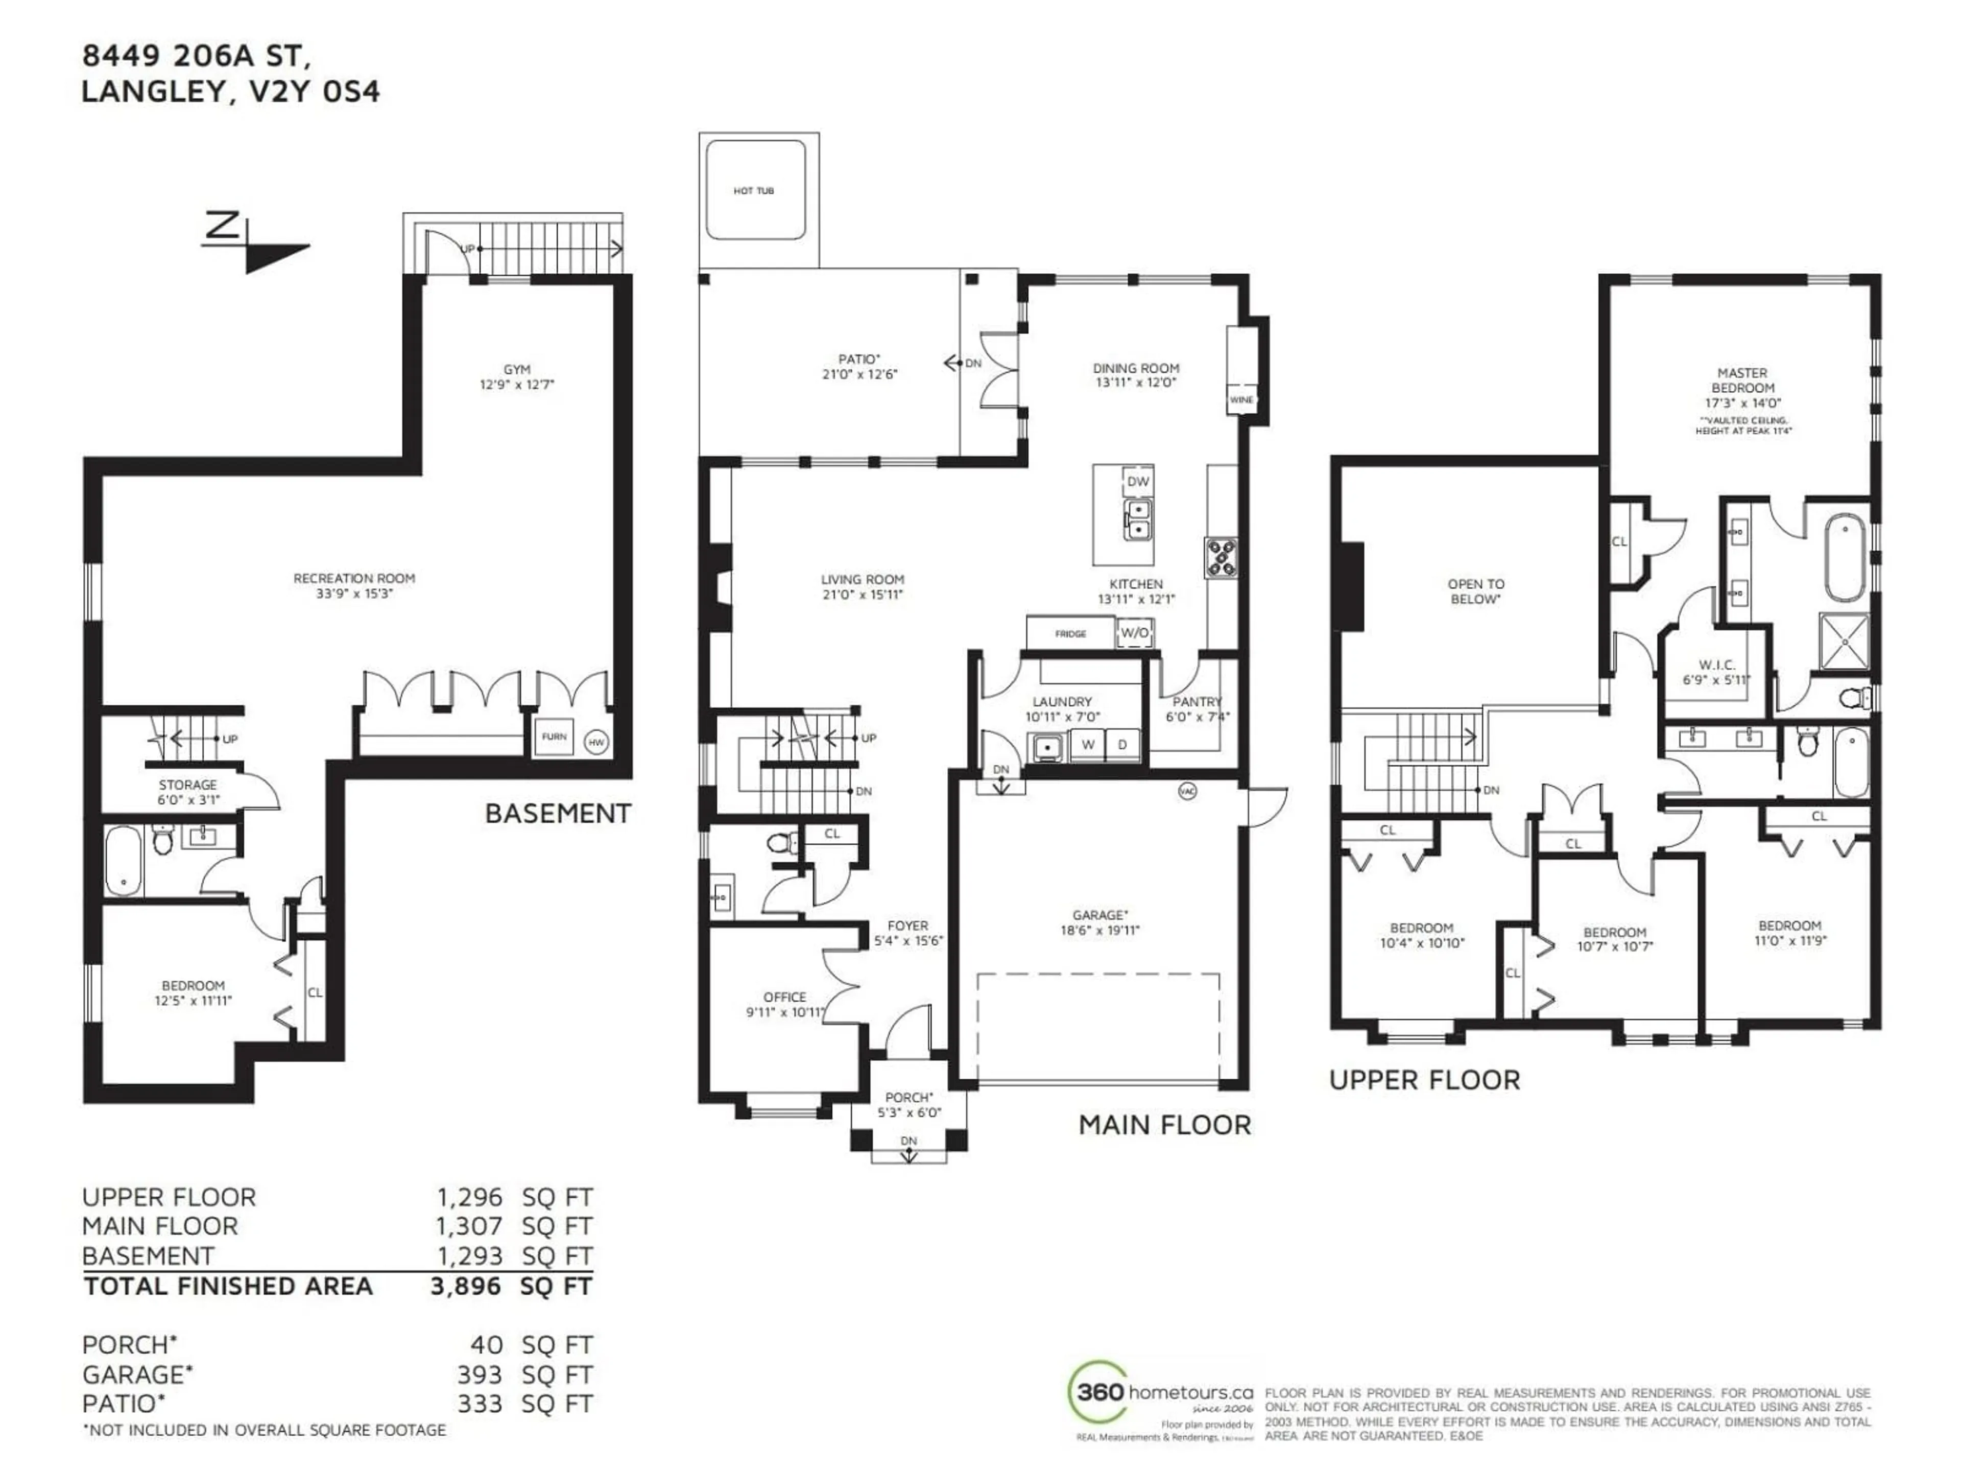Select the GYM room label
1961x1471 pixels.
[x=517, y=370]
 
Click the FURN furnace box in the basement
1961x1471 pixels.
[x=554, y=737]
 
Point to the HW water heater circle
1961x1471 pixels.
[x=596, y=742]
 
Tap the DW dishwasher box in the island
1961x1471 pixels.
[x=1137, y=482]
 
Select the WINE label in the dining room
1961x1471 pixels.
[x=1241, y=400]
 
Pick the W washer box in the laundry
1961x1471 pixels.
[x=1087, y=745]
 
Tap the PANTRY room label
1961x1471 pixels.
[x=1197, y=701]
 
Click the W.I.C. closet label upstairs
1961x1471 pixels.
[x=1717, y=665]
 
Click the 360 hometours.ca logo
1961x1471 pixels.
[x=1161, y=1391]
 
